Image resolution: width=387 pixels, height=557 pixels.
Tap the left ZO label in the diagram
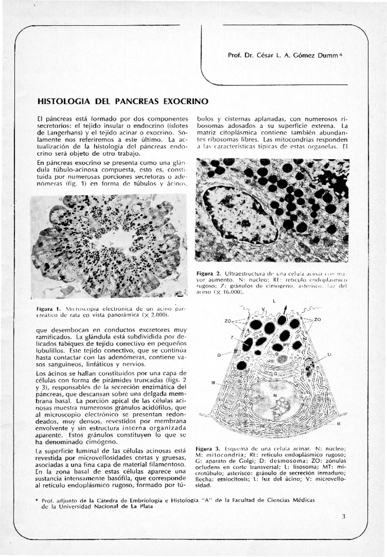[x=228, y=321]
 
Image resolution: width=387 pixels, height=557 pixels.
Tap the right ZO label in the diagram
[x=317, y=320]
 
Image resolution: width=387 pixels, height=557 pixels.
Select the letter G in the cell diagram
[x=275, y=373]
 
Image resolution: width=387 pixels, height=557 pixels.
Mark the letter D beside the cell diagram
[x=218, y=355]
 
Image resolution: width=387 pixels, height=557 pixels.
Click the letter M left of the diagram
[x=213, y=383]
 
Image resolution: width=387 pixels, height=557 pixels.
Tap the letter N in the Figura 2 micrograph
[x=241, y=212]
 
